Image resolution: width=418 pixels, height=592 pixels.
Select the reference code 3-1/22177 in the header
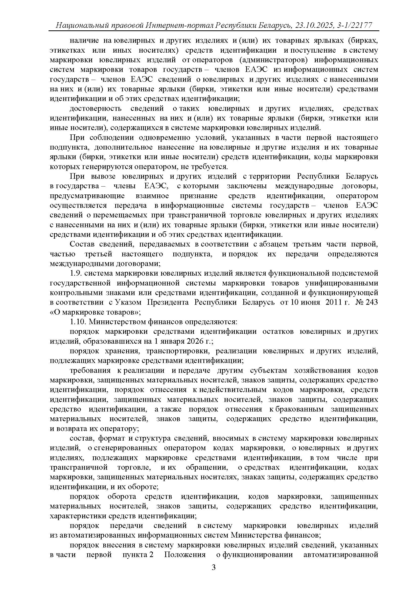[354, 25]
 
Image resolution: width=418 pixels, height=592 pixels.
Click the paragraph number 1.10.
[78, 322]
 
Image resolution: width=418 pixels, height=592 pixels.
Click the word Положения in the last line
[185, 555]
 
